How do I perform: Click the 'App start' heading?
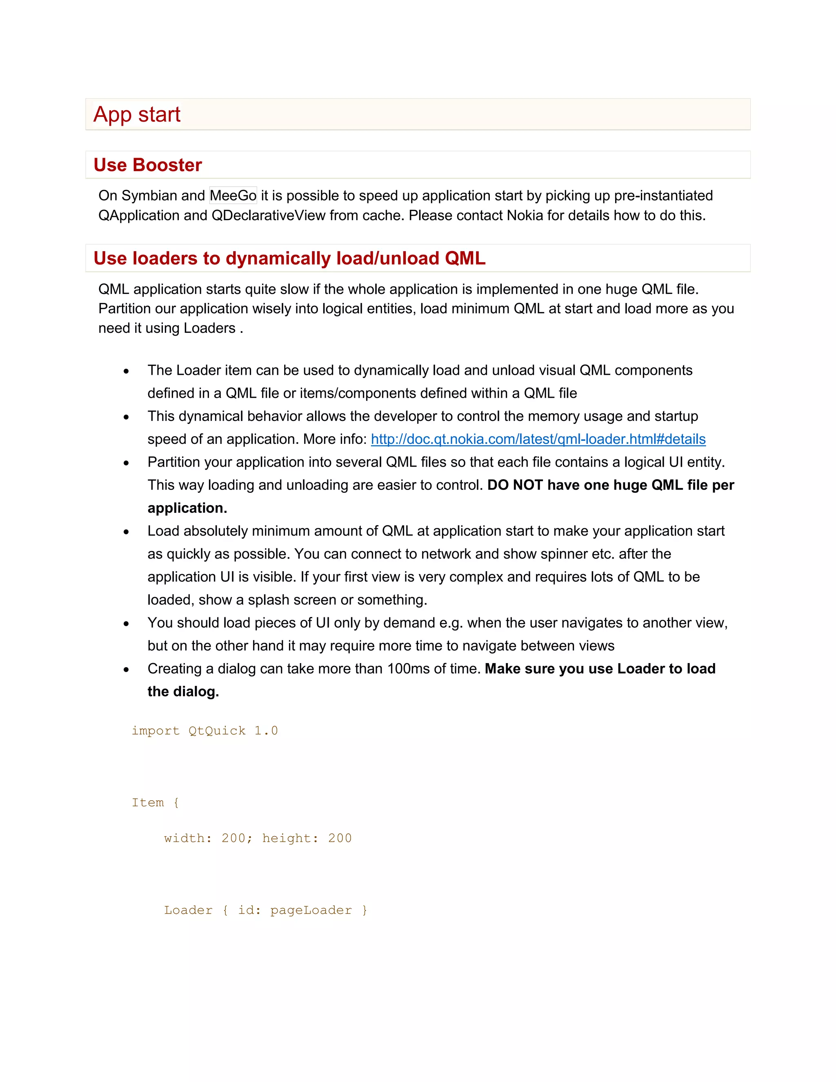tap(137, 114)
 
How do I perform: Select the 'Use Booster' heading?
tap(148, 165)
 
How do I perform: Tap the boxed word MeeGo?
tap(233, 196)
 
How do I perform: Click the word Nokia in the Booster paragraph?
tap(525, 216)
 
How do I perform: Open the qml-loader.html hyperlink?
tap(538, 439)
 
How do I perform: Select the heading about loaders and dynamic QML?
tap(289, 258)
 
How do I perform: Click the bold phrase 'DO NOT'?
tap(515, 485)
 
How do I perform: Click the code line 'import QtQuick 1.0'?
tap(205, 731)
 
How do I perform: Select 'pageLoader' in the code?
tap(311, 910)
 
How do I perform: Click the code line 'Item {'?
tap(155, 803)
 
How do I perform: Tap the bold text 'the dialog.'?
tap(183, 692)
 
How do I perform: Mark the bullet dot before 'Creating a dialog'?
tap(126, 670)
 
